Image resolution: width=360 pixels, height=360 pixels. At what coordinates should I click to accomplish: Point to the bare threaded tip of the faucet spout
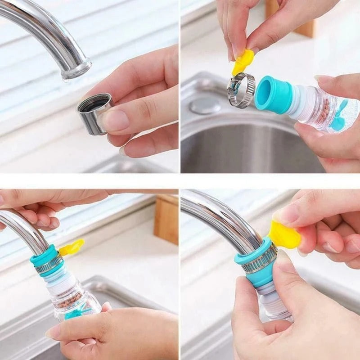tap(76, 70)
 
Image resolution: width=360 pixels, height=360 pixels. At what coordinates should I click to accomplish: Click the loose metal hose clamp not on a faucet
tap(240, 90)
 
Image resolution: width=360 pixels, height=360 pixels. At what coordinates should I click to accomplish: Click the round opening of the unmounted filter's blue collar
tap(265, 91)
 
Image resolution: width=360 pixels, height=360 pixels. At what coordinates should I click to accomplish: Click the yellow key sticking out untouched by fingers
tap(72, 247)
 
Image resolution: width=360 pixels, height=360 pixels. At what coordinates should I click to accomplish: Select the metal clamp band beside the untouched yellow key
tap(49, 266)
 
